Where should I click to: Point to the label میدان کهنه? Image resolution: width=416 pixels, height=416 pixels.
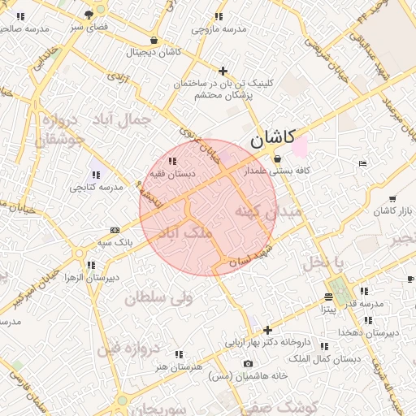(268, 211)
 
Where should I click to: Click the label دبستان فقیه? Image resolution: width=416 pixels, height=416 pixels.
(170, 173)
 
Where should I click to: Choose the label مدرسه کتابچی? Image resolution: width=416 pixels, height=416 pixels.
(95, 187)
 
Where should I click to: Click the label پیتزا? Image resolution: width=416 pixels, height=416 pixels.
(327, 310)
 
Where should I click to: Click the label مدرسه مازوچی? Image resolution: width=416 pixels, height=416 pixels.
(218, 29)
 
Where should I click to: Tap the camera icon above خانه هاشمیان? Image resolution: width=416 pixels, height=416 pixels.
(248, 363)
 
